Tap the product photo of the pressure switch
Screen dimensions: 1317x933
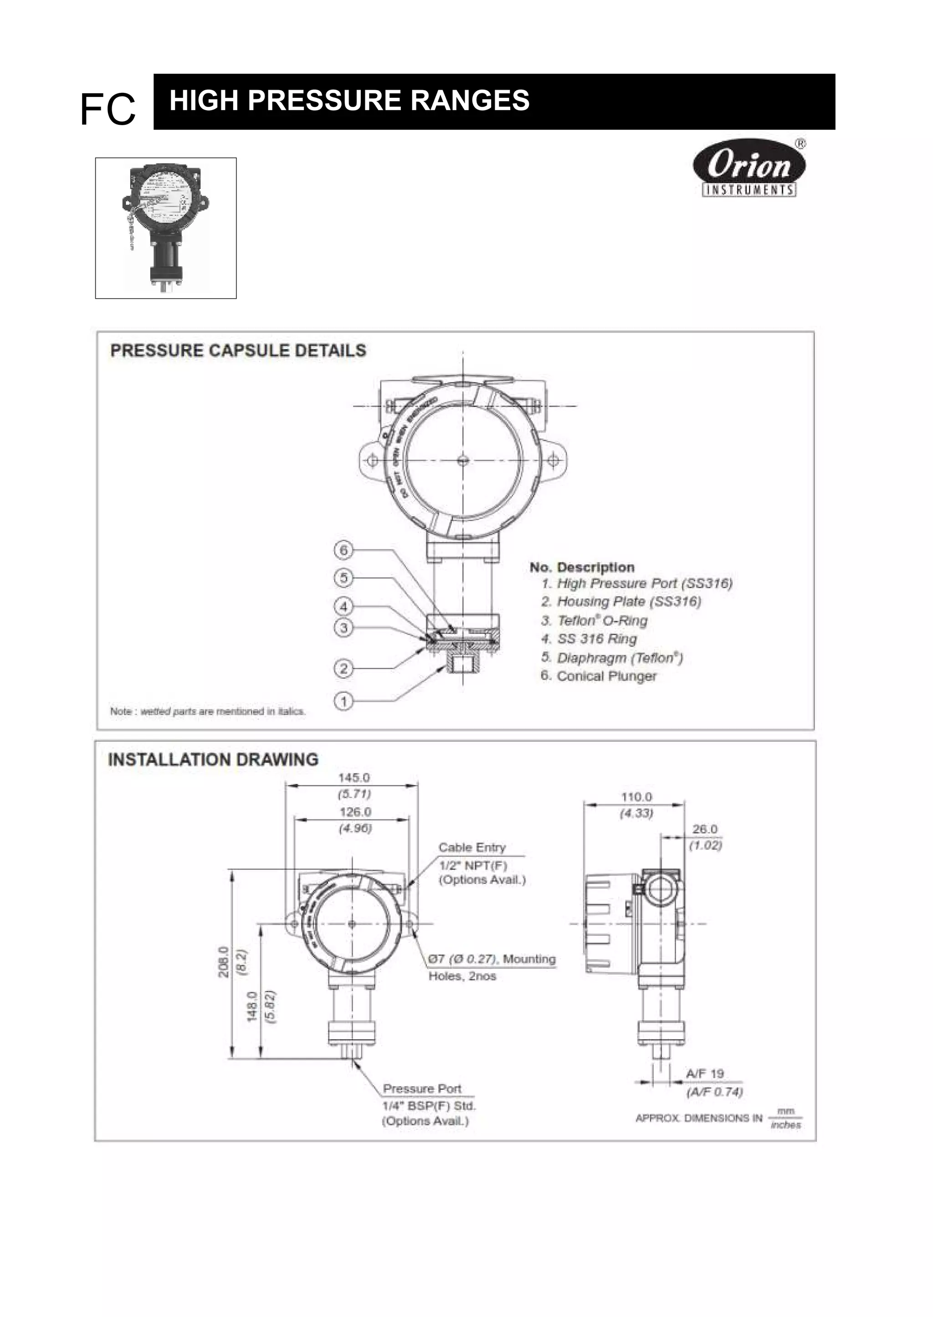[165, 228]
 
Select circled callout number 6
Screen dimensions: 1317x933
[343, 550]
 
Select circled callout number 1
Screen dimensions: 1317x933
[343, 701]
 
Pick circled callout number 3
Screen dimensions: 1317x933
[343, 627]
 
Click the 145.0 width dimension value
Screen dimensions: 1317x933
[354, 778]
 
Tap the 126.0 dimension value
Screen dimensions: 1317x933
[355, 812]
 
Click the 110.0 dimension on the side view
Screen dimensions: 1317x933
[636, 797]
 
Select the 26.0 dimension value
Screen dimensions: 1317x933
[705, 829]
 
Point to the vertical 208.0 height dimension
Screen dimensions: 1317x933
[225, 962]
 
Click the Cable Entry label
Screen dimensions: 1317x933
[472, 847]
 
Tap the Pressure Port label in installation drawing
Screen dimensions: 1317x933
[422, 1088]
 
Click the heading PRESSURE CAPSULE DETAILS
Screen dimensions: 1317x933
[238, 351]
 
